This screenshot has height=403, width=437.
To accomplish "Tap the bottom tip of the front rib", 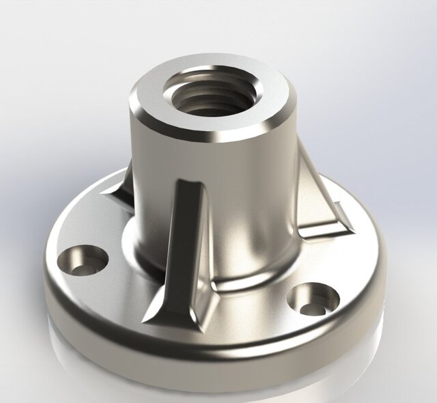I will click(x=152, y=316).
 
